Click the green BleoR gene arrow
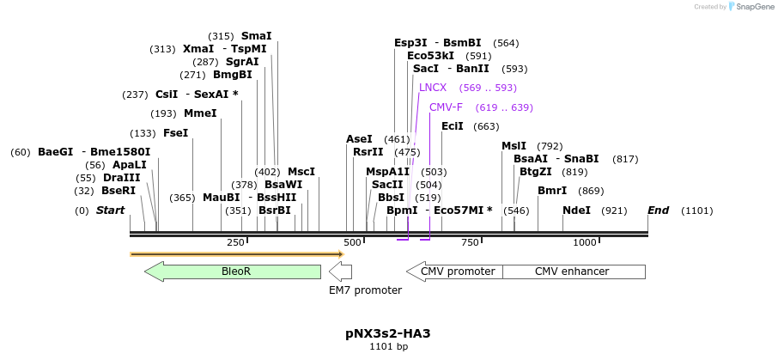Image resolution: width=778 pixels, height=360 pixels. coord(233,272)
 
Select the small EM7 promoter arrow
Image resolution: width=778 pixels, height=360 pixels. coord(341,272)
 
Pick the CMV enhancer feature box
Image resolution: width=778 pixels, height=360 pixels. coord(572,272)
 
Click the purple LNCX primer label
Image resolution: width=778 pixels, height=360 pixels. coord(433,88)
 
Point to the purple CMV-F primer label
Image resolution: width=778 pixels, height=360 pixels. coord(446,107)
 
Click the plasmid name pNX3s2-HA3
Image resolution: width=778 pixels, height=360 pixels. coord(388,333)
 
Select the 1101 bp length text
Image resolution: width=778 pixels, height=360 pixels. coord(388,347)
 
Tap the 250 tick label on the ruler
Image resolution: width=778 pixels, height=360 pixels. coord(235,243)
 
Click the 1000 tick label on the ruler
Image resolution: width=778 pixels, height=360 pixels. coord(584,243)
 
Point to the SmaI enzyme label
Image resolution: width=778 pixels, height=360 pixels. coord(256,36)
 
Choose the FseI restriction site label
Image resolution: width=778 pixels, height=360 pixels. coord(175,133)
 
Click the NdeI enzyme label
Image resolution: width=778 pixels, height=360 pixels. coord(576,211)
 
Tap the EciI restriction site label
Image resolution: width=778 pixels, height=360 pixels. coord(453,126)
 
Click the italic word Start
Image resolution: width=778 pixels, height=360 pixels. coord(110,211)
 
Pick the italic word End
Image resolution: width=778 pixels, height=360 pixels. coord(658,211)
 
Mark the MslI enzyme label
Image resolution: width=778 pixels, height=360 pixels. coord(514,146)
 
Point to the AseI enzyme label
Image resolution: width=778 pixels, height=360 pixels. coord(359,139)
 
